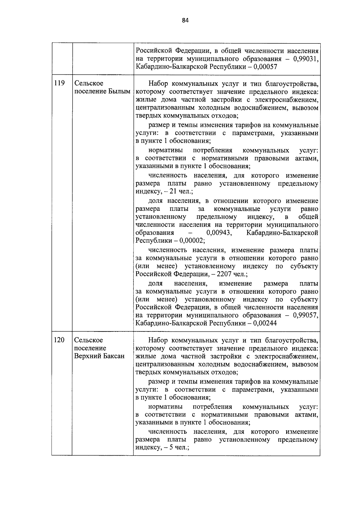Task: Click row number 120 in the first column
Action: click(x=59, y=340)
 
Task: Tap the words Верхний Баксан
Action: click(x=99, y=356)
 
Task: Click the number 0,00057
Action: click(x=265, y=67)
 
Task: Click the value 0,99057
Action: click(x=305, y=315)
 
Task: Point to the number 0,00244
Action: click(x=265, y=323)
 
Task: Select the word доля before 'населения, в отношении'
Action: click(x=155, y=201)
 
